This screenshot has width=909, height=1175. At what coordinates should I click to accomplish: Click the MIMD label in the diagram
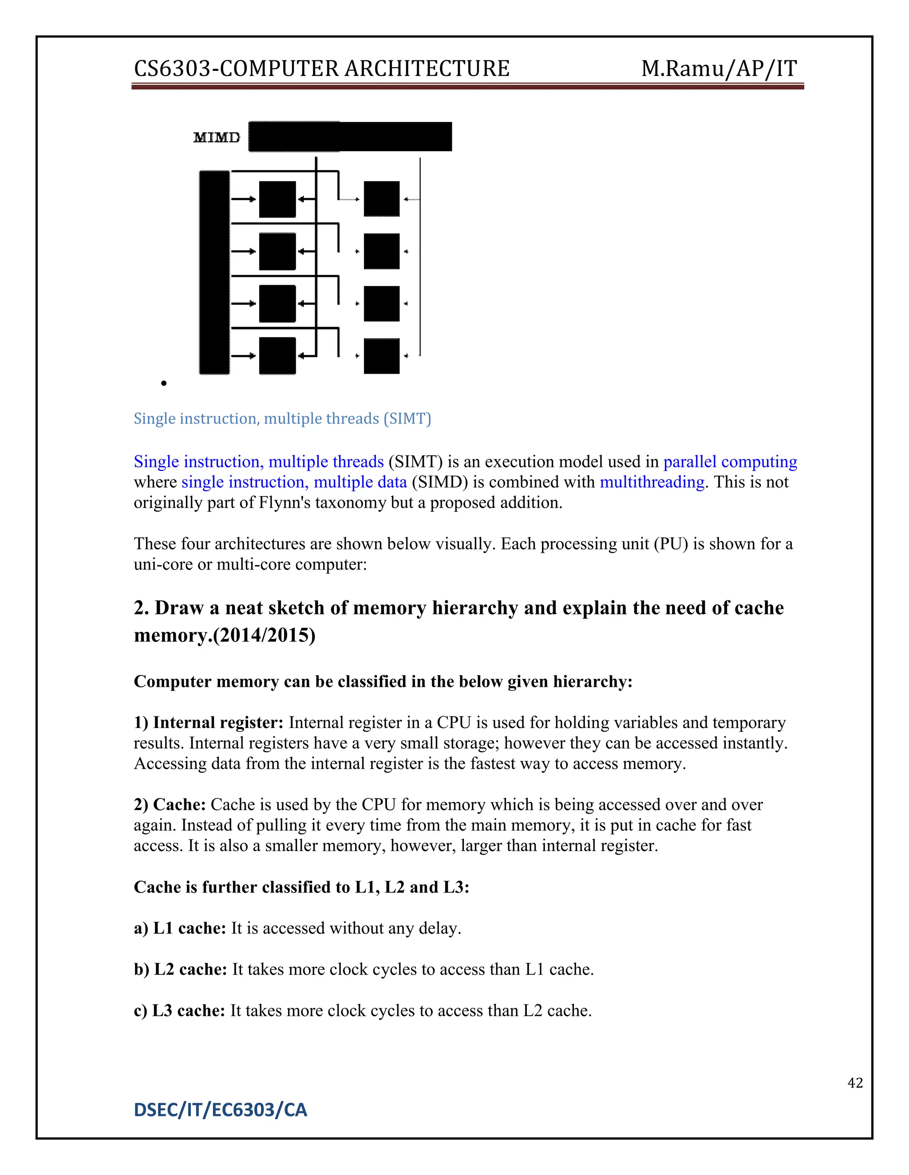pyautogui.click(x=217, y=138)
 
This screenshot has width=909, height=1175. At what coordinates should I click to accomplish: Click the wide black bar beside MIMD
pyautogui.click(x=350, y=137)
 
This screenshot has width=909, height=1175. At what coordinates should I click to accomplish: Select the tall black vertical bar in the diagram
pyautogui.click(x=214, y=272)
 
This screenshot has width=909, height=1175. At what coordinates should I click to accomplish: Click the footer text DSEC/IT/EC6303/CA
pyautogui.click(x=220, y=1110)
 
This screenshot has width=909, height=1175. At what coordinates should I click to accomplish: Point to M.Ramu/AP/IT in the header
pyautogui.click(x=719, y=69)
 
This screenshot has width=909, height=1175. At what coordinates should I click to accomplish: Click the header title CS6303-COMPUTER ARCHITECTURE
pyautogui.click(x=321, y=69)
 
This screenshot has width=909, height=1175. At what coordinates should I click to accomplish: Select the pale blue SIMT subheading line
pyautogui.click(x=282, y=418)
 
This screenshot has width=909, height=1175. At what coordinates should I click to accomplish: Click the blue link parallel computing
pyautogui.click(x=730, y=462)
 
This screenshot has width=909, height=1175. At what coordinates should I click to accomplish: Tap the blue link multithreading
pyautogui.click(x=652, y=482)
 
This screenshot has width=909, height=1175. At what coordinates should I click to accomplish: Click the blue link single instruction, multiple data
pyautogui.click(x=294, y=482)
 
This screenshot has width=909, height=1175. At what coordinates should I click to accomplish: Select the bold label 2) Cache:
pyautogui.click(x=170, y=804)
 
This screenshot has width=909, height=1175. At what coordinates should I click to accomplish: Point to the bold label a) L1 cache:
pyautogui.click(x=180, y=928)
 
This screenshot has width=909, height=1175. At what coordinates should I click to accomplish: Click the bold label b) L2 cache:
pyautogui.click(x=180, y=969)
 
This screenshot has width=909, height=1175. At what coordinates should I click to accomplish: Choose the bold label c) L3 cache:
pyautogui.click(x=179, y=1010)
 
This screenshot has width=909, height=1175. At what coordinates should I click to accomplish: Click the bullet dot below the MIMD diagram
pyautogui.click(x=164, y=383)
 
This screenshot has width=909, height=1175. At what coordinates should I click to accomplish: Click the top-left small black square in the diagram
pyautogui.click(x=277, y=199)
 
